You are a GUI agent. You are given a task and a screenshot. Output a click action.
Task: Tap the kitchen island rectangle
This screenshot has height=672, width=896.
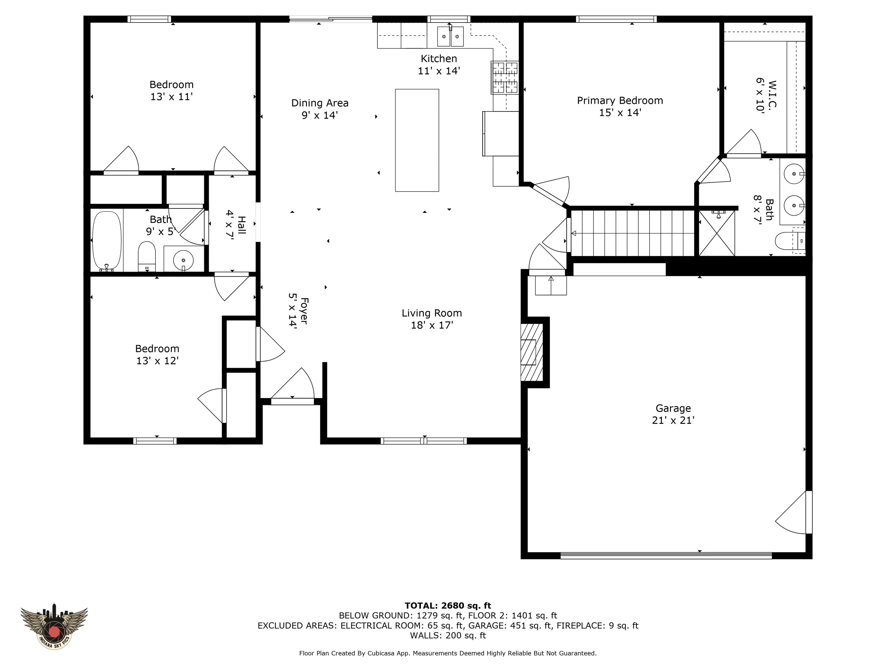click(417, 140)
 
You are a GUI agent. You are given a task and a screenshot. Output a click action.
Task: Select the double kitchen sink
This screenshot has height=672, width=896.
click(450, 36)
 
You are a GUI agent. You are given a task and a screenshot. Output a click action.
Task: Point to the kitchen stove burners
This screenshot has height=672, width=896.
click(505, 77)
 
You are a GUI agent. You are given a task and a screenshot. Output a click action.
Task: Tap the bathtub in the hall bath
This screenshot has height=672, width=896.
click(107, 241)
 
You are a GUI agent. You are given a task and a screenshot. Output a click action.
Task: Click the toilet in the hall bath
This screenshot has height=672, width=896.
click(147, 256)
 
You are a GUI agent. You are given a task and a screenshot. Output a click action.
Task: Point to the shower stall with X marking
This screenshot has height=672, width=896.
click(717, 233)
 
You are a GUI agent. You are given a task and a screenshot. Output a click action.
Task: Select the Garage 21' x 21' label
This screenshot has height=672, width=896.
click(673, 414)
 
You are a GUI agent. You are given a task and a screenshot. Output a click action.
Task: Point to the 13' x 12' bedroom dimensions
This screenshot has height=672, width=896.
click(157, 360)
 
